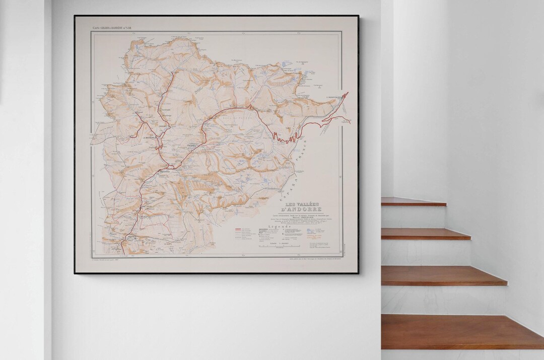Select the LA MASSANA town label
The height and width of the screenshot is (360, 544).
149,138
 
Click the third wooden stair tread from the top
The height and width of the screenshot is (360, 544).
443,275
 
